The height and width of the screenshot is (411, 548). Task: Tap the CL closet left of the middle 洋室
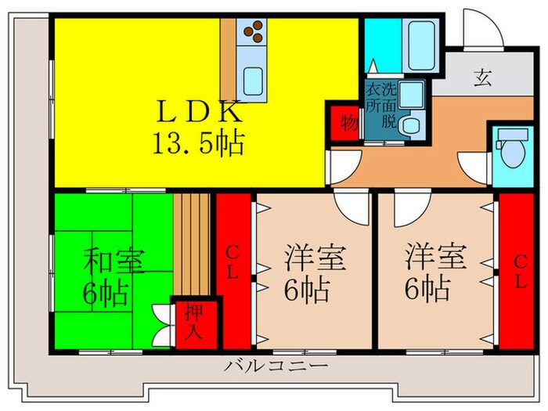point(233,266)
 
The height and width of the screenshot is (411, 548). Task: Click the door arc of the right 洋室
point(407,208)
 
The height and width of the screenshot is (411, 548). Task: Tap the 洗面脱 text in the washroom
point(389,105)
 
